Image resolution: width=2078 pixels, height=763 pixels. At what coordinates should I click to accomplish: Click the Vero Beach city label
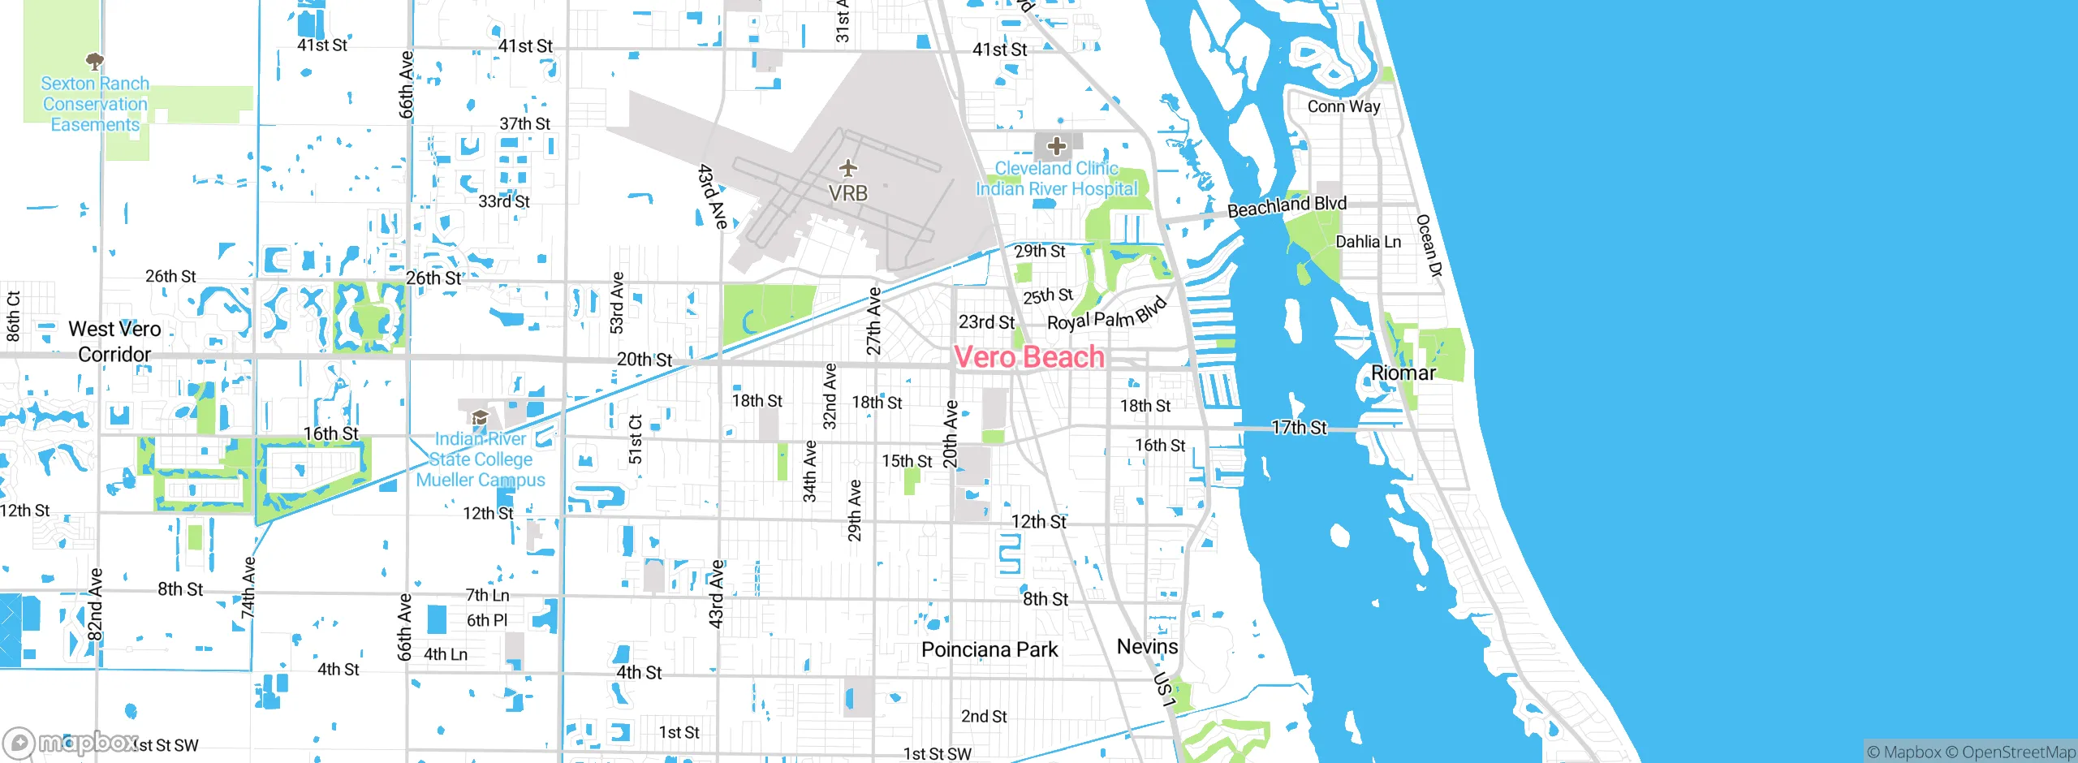(x=1029, y=357)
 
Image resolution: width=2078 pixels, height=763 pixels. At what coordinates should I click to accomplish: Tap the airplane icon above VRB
(x=848, y=168)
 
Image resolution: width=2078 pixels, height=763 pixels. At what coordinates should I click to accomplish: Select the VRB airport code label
(x=848, y=193)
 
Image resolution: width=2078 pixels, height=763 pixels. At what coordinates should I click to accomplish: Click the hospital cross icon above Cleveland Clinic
(x=1056, y=146)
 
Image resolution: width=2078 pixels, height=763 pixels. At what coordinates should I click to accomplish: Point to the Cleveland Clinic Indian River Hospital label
(x=1056, y=179)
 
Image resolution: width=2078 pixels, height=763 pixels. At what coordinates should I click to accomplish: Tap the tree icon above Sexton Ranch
(x=95, y=61)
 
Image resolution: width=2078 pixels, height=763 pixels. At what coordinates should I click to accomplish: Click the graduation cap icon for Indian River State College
(x=480, y=418)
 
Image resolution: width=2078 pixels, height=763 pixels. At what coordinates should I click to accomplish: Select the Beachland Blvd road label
(x=1287, y=206)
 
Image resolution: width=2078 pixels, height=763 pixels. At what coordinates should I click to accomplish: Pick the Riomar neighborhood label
(x=1403, y=373)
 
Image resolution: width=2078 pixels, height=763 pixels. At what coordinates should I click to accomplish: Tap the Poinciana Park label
(x=989, y=649)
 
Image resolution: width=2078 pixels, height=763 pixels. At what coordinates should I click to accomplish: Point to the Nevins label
(x=1147, y=646)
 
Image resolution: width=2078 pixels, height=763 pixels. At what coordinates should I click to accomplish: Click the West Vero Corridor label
(x=114, y=342)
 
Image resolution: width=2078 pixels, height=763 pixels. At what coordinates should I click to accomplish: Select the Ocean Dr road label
(x=1429, y=245)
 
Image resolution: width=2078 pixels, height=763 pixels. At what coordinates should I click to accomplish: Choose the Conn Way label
(x=1343, y=106)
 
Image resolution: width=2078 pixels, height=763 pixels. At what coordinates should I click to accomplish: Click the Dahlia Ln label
(x=1369, y=242)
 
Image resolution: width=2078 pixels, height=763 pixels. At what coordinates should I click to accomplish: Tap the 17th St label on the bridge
(x=1299, y=428)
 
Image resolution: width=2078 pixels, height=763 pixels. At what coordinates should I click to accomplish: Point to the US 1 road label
(x=1164, y=689)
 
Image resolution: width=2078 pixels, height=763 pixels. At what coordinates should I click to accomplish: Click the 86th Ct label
(x=13, y=316)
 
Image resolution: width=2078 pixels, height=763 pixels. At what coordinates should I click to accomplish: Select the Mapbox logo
(x=71, y=743)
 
